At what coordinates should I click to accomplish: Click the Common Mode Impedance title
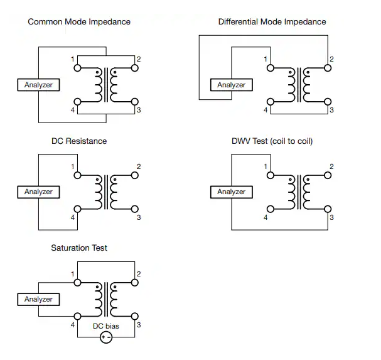coord(79,22)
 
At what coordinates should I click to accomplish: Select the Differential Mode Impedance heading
coord(272,22)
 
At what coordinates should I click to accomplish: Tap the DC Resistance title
coord(79,141)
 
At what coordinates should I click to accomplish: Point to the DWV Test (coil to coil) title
coord(272,141)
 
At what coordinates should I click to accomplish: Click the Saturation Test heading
coord(79,248)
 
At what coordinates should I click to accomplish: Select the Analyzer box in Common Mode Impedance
coord(38,85)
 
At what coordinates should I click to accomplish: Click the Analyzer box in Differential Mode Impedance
coord(232,85)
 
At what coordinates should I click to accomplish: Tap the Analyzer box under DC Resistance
coord(38,192)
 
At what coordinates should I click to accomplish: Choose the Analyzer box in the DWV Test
coord(232,192)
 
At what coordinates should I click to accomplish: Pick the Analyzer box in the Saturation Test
coord(38,299)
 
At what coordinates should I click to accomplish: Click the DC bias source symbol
coord(106,337)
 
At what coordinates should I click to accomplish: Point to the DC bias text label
coord(106,326)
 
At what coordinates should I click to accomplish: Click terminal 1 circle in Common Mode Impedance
coord(78,67)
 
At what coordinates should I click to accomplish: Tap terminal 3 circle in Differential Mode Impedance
coord(326,101)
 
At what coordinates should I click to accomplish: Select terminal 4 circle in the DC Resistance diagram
coord(78,209)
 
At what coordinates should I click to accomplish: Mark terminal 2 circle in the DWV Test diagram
coord(326,174)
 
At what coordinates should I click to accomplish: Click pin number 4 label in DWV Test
coord(266,217)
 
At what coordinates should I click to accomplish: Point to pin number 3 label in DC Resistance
coord(139,217)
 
